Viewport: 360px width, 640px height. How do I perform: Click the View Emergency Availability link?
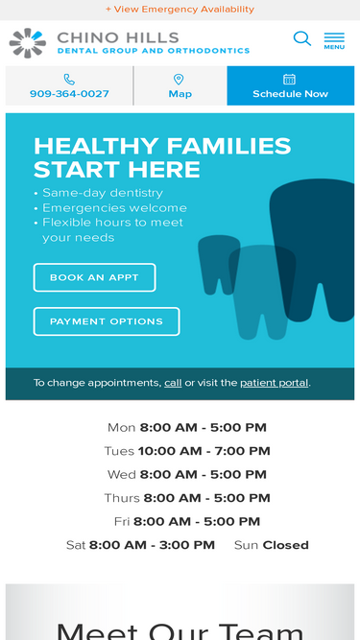coord(180,9)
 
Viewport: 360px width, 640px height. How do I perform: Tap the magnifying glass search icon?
coord(302,38)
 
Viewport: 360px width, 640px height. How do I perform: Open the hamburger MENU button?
coord(334,41)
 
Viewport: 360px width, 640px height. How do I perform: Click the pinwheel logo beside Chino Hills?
coord(27,43)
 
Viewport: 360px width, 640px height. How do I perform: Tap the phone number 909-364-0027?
coord(69,94)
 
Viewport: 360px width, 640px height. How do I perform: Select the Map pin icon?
coord(179,80)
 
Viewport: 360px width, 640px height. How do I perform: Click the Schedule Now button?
coord(291,85)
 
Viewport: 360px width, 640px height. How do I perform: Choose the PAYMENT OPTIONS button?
coord(107,321)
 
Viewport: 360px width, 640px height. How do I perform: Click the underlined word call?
coord(173,383)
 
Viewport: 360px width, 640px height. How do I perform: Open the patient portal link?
coord(275,383)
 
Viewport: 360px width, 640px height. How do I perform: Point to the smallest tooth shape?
coord(218,264)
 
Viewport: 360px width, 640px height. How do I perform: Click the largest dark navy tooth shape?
coord(312,249)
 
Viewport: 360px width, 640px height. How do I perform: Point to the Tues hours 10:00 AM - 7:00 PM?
coord(204,451)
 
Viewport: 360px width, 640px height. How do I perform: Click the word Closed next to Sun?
coord(286,545)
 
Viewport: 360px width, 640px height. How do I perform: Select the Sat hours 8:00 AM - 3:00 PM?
coord(152,545)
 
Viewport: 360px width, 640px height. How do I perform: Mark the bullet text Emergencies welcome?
coord(114,208)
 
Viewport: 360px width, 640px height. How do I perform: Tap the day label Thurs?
coord(122,498)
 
